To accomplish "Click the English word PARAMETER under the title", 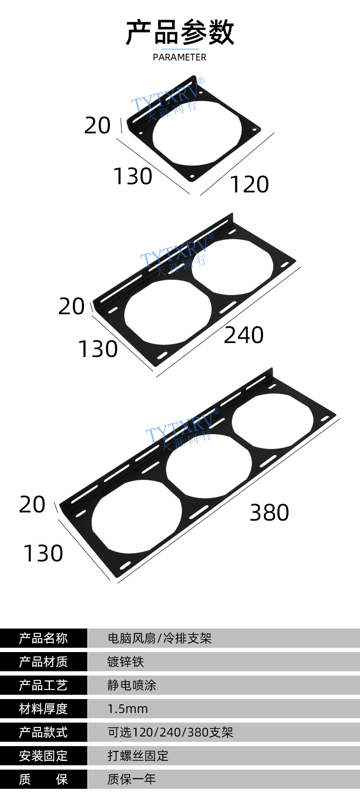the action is click(x=180, y=57).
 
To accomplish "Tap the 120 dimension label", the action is click(x=250, y=184).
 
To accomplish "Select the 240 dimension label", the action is click(x=244, y=335).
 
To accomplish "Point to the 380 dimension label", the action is click(x=269, y=512).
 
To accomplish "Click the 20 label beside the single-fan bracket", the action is click(x=97, y=125).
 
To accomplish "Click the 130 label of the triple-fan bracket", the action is click(x=43, y=553).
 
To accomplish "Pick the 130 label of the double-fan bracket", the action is click(x=98, y=349).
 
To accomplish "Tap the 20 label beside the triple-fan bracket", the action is click(x=32, y=504).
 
